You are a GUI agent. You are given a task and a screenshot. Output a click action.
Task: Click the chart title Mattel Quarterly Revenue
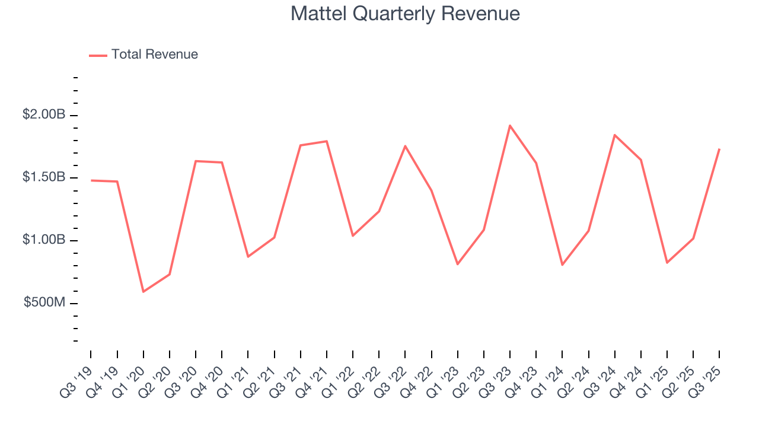(405, 14)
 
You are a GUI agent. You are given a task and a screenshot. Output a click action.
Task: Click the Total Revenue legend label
(154, 55)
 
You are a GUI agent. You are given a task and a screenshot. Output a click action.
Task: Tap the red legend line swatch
(98, 55)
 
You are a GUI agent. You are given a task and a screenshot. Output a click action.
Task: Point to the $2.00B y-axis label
(44, 114)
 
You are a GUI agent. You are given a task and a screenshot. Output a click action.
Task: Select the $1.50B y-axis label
(44, 177)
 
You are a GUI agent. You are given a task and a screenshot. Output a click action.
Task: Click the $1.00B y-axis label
(44, 240)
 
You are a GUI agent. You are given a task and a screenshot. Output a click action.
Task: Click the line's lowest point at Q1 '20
(143, 292)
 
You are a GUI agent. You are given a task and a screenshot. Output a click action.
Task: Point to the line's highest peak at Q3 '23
(510, 125)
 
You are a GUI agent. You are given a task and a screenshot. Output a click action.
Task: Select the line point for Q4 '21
(327, 141)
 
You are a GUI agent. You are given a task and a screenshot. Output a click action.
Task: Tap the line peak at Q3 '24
(615, 135)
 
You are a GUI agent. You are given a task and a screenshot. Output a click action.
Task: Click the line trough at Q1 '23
(458, 265)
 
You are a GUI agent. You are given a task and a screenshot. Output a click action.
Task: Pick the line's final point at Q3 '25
(719, 149)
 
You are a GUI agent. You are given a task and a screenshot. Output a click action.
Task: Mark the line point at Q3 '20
(196, 161)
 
